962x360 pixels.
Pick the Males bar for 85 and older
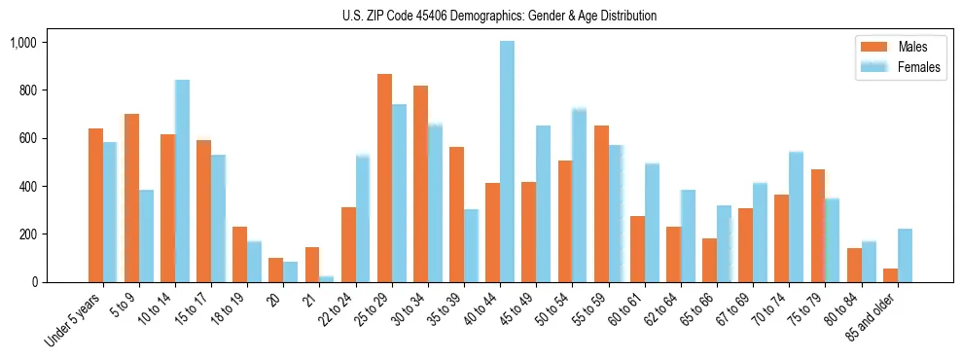[890, 275]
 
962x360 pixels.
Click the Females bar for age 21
[326, 279]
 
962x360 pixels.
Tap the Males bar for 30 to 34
[420, 184]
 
